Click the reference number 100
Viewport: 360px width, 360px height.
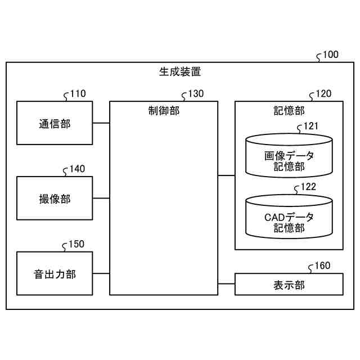point(331,55)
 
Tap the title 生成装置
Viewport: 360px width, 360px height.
point(180,72)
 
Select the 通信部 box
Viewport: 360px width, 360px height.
point(55,123)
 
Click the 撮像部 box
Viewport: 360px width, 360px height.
point(55,198)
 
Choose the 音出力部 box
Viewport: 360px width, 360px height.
point(55,274)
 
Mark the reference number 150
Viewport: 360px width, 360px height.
point(76,244)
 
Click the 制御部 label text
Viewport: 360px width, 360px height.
point(164,110)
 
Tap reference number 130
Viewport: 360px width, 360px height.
point(196,94)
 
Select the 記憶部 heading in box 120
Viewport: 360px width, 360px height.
point(289,110)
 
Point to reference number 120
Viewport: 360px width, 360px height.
point(323,94)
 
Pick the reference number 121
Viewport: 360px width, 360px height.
point(310,126)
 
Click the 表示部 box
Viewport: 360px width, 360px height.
point(289,284)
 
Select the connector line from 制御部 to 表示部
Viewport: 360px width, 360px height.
point(226,284)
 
